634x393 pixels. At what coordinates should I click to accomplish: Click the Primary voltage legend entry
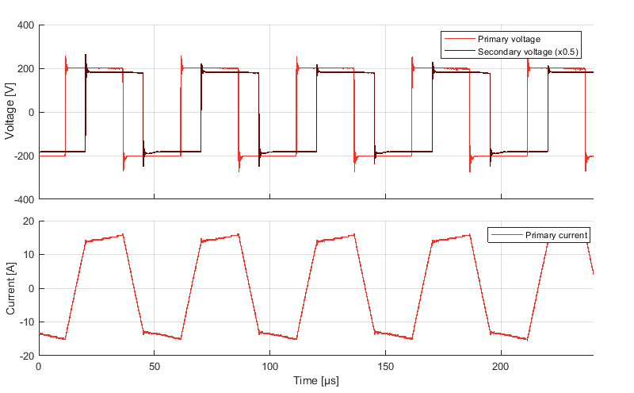point(508,39)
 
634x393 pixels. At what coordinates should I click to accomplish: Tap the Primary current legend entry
point(556,235)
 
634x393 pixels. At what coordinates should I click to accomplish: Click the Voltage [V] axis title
point(10,112)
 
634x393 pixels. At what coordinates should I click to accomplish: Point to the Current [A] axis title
point(10,288)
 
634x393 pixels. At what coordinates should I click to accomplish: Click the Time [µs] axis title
point(315,381)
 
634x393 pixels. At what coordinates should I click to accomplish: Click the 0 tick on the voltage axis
point(30,112)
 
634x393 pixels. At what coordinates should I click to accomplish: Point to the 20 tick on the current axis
point(27,221)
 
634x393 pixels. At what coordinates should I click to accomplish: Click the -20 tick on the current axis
point(25,356)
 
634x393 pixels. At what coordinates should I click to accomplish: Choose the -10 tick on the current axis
point(25,322)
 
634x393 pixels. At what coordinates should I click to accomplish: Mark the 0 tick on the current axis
point(30,288)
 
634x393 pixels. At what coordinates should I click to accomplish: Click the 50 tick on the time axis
point(155,367)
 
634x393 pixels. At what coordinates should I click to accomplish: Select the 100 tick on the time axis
point(269,367)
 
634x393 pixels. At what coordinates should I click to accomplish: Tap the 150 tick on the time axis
point(385,367)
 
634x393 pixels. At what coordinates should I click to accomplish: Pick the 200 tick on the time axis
point(501,367)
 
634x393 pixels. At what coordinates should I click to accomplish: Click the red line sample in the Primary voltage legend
point(460,39)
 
